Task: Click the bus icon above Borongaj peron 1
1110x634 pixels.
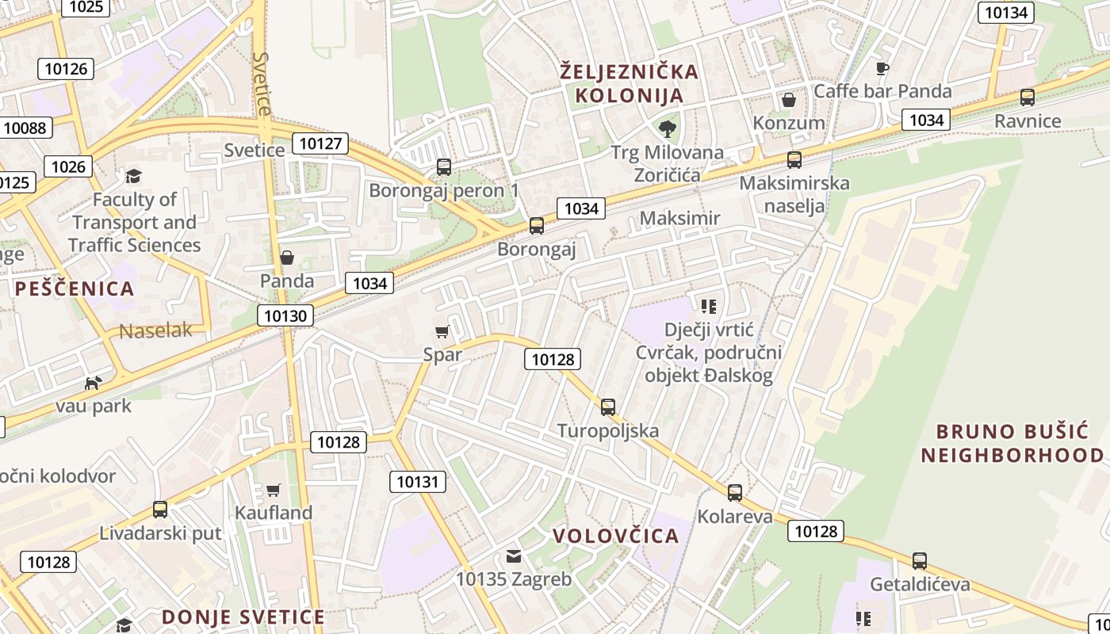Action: coord(444,167)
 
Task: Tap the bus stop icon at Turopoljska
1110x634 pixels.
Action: coord(608,407)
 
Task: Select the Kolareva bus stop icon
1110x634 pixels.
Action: coord(735,493)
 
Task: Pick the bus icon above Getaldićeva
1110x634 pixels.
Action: coord(920,561)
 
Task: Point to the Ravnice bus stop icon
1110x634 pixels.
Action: coord(1028,97)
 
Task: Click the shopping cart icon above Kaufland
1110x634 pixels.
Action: coord(274,490)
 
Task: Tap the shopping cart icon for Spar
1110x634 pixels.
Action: coord(442,331)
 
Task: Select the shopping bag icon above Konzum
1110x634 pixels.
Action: coord(789,100)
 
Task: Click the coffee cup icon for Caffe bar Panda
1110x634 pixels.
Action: coord(882,68)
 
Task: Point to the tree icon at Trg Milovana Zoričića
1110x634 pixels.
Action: coord(668,128)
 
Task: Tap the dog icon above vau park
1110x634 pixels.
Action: coord(94,383)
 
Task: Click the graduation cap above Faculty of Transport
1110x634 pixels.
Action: coord(133,176)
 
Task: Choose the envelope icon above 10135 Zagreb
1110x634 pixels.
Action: coord(514,556)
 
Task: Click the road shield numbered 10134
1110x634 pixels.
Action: coord(1005,12)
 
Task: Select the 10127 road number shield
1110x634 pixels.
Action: coord(320,143)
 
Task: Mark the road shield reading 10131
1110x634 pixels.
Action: coord(417,482)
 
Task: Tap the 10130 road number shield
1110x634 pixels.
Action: coord(285,316)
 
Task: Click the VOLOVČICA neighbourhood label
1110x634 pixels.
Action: coord(616,536)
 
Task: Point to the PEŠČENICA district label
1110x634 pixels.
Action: coord(75,289)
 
